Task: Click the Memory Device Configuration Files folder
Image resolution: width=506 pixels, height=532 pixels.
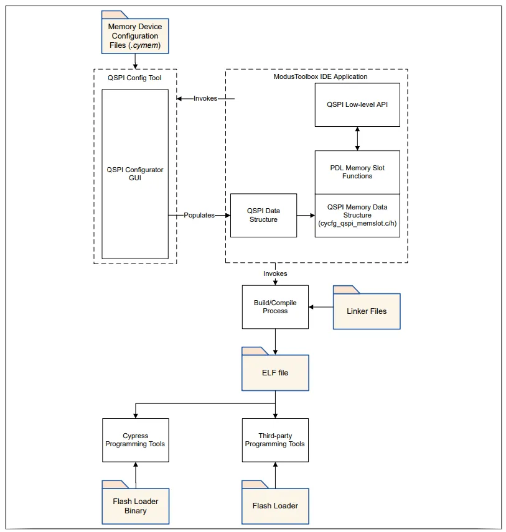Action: (x=135, y=35)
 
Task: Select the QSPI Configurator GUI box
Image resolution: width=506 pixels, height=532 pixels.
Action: (x=135, y=174)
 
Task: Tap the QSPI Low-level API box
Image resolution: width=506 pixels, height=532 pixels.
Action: (x=357, y=105)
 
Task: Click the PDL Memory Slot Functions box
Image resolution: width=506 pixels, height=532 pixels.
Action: (x=357, y=172)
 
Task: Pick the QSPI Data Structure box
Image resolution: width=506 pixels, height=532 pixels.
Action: (x=263, y=215)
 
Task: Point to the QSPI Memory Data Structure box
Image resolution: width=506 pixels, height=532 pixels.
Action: (x=357, y=216)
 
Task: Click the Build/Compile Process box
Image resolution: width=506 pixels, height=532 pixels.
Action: (x=275, y=307)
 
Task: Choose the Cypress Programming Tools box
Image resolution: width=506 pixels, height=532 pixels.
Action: (x=135, y=440)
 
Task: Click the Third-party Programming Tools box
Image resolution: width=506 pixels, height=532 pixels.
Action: (x=275, y=440)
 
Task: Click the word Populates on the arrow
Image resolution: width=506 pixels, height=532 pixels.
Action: (x=199, y=215)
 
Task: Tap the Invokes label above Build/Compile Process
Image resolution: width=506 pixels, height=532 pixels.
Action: (x=275, y=273)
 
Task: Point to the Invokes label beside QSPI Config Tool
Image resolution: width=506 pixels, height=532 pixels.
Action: (x=205, y=98)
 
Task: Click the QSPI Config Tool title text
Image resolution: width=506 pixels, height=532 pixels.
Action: (x=134, y=78)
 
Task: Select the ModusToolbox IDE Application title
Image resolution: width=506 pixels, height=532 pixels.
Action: (x=321, y=76)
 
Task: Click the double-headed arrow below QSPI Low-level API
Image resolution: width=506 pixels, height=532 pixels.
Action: (x=357, y=139)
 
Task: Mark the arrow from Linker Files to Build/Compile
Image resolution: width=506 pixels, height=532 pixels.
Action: (x=321, y=307)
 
